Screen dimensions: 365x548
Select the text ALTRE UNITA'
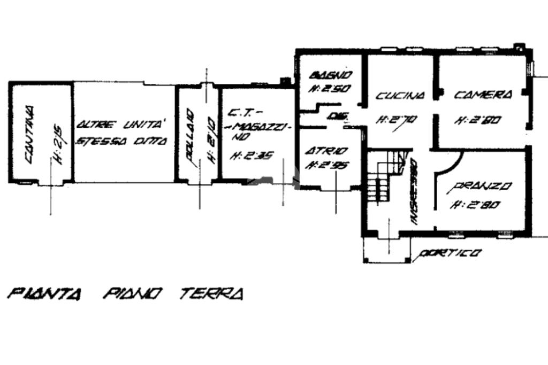coord(120,125)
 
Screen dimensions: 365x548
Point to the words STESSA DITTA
coord(122,142)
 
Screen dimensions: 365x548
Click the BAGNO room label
coord(331,74)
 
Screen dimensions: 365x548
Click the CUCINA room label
coord(400,96)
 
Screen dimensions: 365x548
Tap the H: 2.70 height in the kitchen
coord(397,120)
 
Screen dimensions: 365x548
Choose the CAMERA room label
coord(483,95)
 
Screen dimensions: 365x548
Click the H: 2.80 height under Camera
coord(477,120)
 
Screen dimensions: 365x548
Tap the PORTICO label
coord(450,253)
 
